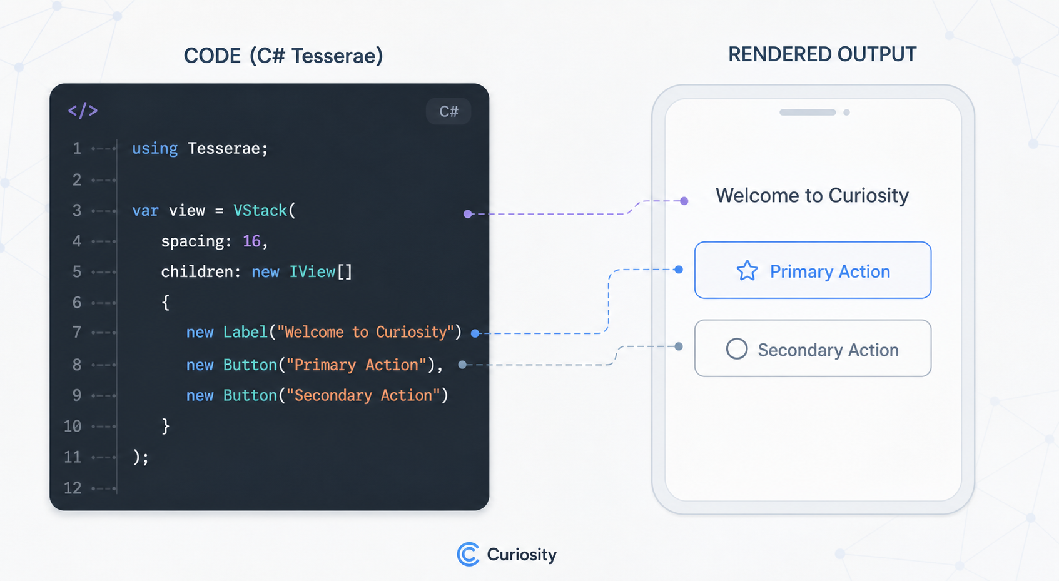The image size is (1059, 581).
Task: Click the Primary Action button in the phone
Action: tap(813, 270)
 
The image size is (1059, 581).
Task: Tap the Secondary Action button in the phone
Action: tap(813, 348)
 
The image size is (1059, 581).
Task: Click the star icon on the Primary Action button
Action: tap(747, 271)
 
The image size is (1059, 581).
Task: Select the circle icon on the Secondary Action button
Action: tap(737, 349)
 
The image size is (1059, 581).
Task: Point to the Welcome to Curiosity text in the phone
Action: tap(812, 196)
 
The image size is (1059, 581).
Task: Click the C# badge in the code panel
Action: tap(448, 111)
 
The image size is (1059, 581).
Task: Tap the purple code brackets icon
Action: tap(83, 111)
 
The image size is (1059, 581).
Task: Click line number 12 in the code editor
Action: tap(73, 488)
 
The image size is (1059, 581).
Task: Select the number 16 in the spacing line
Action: tap(251, 241)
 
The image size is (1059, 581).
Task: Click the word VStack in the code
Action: tap(260, 210)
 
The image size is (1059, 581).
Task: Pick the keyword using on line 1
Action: tap(155, 148)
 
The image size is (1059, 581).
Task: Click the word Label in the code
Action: tap(245, 332)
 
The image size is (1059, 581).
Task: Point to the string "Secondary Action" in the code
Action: tap(363, 395)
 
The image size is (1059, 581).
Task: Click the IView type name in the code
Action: tap(313, 272)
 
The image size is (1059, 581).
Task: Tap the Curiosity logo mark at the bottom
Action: tap(468, 554)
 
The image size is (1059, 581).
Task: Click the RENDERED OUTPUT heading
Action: tap(822, 54)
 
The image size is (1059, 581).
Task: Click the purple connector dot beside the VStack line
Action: tap(467, 214)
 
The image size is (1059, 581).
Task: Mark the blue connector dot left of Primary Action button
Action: tap(679, 270)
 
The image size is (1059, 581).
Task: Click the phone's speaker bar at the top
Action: tap(808, 113)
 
